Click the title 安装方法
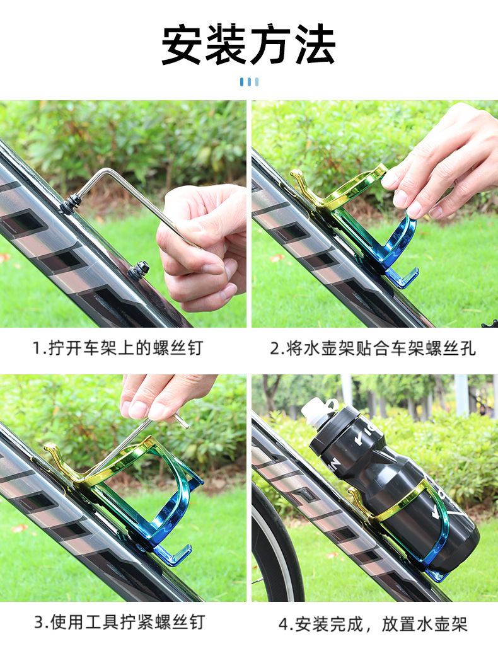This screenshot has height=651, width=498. click(248, 44)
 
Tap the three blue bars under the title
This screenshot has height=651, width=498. click(249, 82)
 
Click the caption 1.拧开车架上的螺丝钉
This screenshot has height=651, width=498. click(118, 348)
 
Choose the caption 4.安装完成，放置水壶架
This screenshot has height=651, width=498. click(373, 624)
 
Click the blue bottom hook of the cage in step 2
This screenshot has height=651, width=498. click(402, 278)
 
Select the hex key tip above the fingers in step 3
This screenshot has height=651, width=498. click(181, 420)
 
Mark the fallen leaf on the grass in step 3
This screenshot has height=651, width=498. click(19, 529)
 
